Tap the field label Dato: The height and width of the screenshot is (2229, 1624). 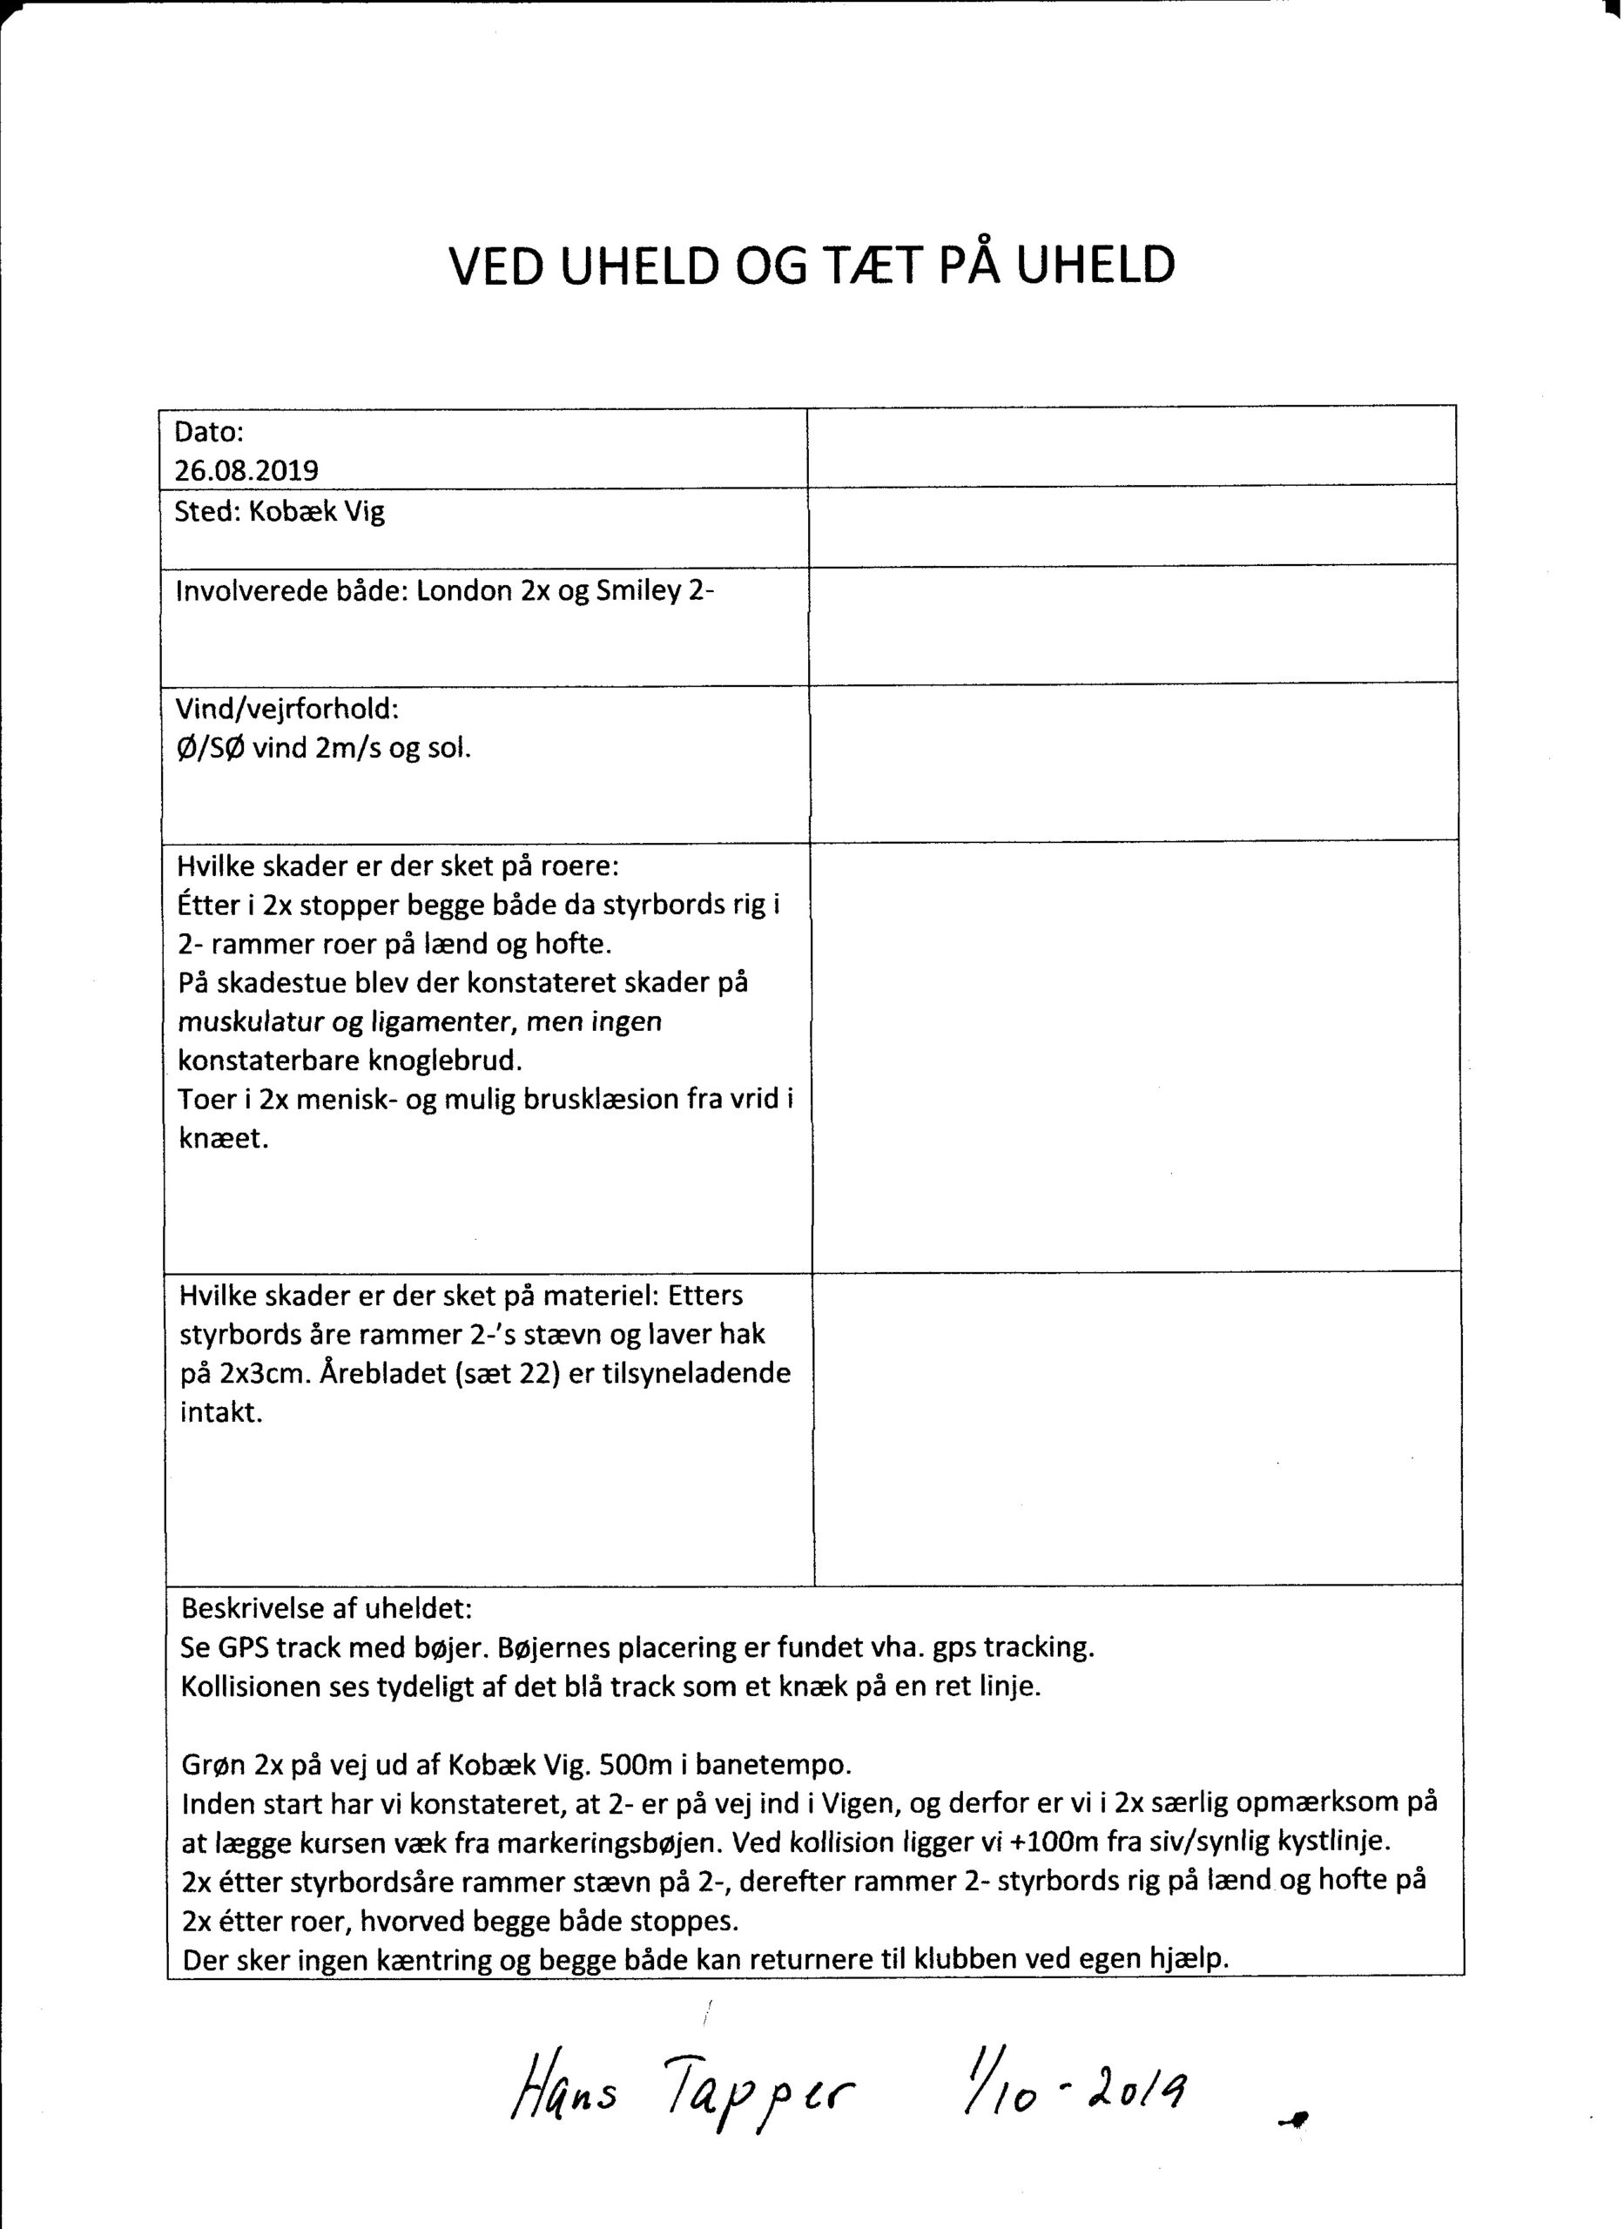point(208,432)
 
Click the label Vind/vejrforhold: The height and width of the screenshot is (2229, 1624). point(287,709)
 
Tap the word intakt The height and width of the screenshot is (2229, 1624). point(221,1413)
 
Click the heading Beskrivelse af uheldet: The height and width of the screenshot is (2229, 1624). point(327,1609)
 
